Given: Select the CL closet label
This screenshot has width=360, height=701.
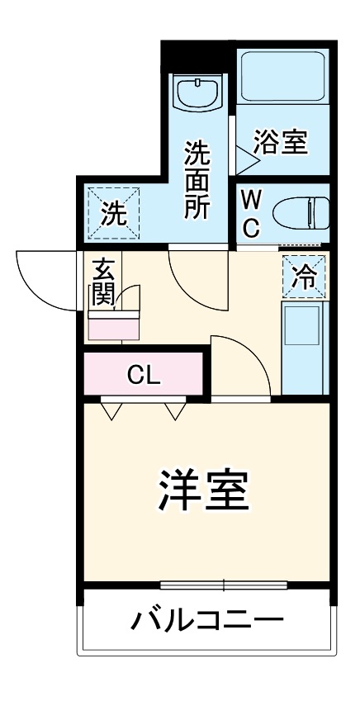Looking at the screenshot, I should click(x=144, y=376).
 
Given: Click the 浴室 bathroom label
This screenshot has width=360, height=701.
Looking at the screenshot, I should click(x=280, y=143).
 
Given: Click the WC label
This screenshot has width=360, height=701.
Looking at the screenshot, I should click(x=252, y=211).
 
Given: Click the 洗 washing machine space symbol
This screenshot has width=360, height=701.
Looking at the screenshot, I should click(x=115, y=212).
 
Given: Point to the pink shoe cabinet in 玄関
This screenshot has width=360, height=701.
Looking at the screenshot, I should click(x=115, y=325).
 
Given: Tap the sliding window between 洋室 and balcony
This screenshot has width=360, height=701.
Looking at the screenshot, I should click(x=224, y=585).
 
